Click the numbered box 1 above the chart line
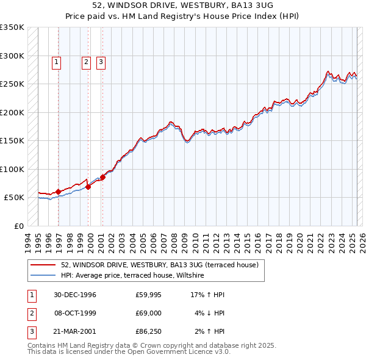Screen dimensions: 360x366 [x=56, y=61]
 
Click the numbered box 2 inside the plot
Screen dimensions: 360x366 [x=86, y=61]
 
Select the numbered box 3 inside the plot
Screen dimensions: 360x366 [x=101, y=61]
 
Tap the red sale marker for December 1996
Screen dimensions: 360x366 [x=59, y=192]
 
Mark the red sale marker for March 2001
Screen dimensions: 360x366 [x=102, y=177]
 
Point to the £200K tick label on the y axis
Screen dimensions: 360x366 [x=12, y=112]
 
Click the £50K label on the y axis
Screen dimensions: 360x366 [x=15, y=198]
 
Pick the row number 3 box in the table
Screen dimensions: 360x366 [x=30, y=331]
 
